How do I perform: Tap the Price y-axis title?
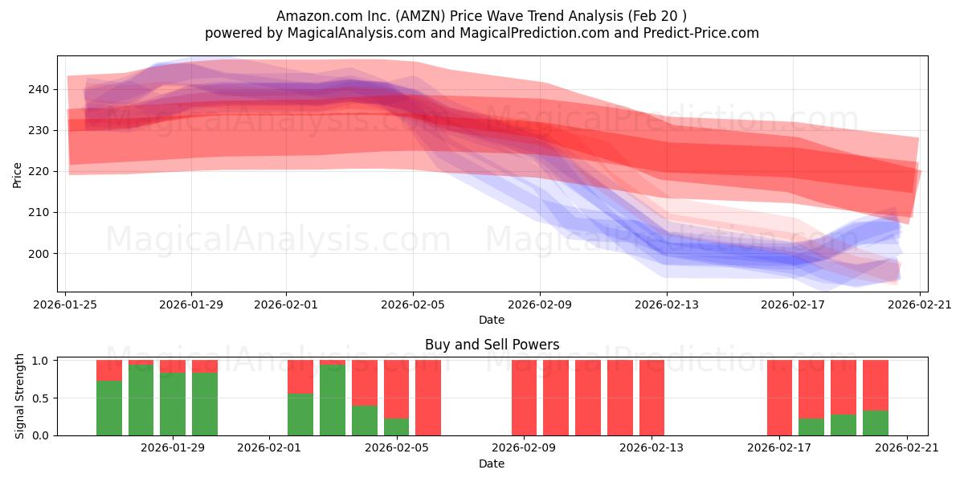tap(17, 174)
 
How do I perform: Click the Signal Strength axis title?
tap(20, 396)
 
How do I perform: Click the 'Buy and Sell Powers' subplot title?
tap(492, 345)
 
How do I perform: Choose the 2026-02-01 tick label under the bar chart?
tap(268, 448)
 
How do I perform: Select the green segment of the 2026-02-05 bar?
tap(396, 427)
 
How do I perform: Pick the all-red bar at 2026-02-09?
tap(524, 398)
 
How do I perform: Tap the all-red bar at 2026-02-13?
tap(652, 398)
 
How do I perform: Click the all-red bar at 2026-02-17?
tap(779, 398)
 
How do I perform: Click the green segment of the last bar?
tap(876, 423)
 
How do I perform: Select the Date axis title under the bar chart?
tap(492, 464)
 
